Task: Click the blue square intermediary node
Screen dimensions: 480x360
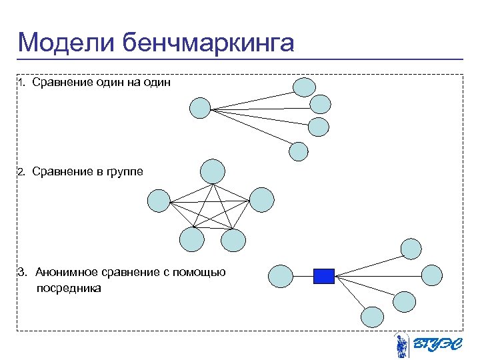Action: pos(323,275)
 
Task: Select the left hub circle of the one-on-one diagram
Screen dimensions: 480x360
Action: pos(200,108)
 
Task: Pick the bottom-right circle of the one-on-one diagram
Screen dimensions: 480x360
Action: pos(298,151)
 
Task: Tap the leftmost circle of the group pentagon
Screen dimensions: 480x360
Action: pos(159,201)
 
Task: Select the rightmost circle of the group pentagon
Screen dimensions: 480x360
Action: pos(261,199)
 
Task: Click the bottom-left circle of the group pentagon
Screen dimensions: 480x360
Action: pos(191,239)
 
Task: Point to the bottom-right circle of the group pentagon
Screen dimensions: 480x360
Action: pos(233,240)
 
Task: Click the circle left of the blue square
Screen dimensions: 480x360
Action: pos(281,276)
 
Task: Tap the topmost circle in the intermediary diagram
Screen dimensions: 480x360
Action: pos(411,248)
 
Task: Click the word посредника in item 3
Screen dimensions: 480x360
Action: pos(69,289)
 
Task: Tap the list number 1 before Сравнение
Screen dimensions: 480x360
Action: pos(21,83)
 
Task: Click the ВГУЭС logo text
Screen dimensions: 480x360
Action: pos(435,344)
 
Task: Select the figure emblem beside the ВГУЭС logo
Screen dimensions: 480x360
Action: pos(401,345)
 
